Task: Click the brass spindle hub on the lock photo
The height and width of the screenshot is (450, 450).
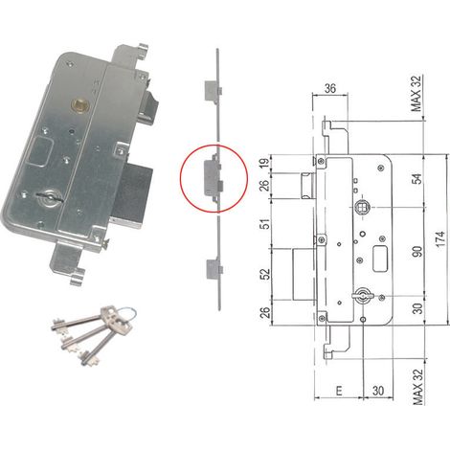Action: coord(78,104)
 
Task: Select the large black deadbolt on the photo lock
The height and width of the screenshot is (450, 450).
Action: coord(131,192)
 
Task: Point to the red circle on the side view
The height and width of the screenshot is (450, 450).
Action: coord(214,178)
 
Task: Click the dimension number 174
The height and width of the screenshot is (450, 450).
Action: coord(439,238)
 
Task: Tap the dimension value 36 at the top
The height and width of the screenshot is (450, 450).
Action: coord(330,88)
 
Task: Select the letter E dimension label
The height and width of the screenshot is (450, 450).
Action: coord(339,391)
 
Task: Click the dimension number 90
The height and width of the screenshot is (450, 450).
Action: coord(417,251)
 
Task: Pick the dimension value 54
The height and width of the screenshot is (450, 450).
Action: coord(417,178)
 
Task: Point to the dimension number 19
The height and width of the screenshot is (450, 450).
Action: coord(265,163)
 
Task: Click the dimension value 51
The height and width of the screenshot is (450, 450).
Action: coord(265,223)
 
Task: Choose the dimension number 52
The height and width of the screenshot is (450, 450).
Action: coord(265,274)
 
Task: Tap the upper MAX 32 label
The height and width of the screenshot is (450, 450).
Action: coord(417,93)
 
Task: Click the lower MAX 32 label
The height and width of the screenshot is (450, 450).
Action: coord(417,387)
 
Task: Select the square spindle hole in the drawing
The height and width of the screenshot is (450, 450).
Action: coord(362,208)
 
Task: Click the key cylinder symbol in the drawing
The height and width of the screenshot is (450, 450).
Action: coord(362,296)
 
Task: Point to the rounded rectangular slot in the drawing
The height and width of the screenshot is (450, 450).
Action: coord(379,259)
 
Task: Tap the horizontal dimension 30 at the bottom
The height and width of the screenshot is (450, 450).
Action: coord(378,391)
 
